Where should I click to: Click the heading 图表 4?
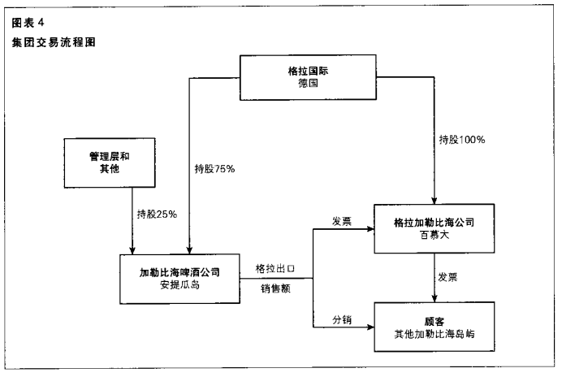click(30, 24)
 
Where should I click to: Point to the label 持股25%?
click(158, 214)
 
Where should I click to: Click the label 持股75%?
click(214, 169)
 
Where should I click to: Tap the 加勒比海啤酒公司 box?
click(179, 277)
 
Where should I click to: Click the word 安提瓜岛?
click(179, 285)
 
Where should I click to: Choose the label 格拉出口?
click(275, 269)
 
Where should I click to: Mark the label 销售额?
click(275, 288)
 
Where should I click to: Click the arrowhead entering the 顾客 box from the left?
click(369, 327)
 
